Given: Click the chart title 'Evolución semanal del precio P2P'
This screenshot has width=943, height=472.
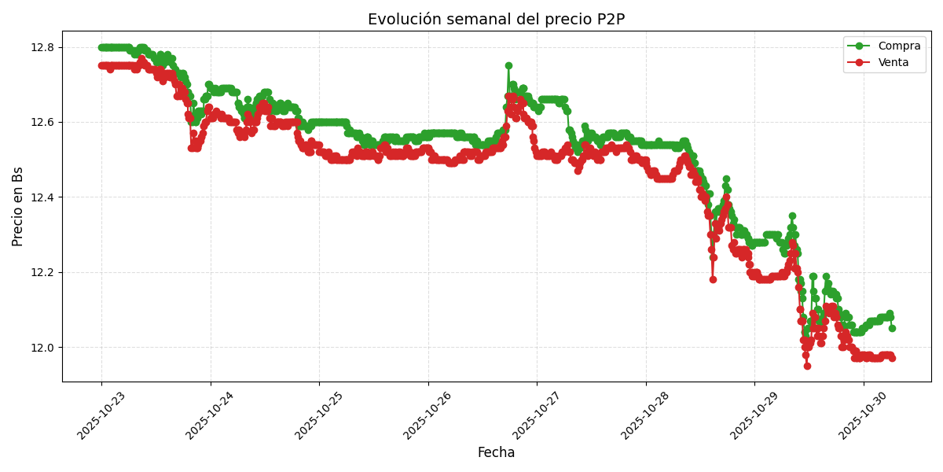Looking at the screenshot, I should click(x=496, y=20).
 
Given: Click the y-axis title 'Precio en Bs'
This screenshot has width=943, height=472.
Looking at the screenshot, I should click(x=18, y=206).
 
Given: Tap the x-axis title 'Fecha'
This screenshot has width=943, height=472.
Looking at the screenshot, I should click(x=496, y=453).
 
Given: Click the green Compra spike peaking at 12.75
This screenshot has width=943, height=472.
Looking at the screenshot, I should click(x=508, y=66).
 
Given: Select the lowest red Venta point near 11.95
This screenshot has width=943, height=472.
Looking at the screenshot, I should click(x=807, y=366).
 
